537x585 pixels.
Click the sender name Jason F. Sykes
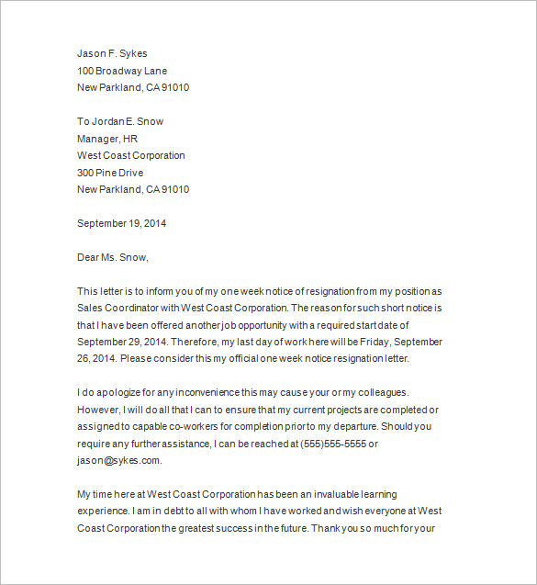click(112, 53)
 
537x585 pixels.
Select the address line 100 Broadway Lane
click(122, 71)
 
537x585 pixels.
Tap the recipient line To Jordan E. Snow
click(120, 121)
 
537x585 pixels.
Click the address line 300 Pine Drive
click(110, 173)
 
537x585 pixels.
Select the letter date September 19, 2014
click(121, 223)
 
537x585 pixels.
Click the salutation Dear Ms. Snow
click(112, 257)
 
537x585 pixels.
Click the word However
click(99, 410)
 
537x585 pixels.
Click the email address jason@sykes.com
click(118, 460)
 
